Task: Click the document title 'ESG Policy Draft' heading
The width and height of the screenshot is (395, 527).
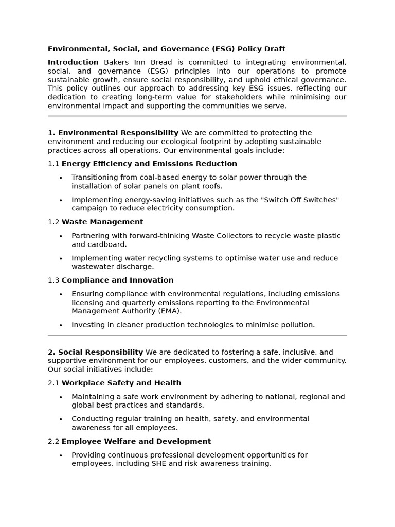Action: [x=166, y=49]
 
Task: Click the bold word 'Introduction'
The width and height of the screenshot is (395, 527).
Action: [x=73, y=62]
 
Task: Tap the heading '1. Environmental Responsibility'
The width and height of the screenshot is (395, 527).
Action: [x=113, y=133]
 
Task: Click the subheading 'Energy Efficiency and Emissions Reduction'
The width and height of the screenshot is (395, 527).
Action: [x=149, y=164]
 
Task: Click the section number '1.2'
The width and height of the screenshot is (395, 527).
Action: [x=53, y=222]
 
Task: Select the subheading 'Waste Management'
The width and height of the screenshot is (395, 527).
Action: [x=102, y=222]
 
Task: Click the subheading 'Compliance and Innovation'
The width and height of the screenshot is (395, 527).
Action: [x=117, y=280]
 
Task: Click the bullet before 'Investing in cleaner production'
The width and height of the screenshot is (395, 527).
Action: [x=61, y=325]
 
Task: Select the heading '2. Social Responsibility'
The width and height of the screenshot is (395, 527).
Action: [x=95, y=352]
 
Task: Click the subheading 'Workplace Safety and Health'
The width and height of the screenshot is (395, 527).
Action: [x=121, y=383]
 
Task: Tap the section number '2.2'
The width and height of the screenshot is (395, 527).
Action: [x=53, y=441]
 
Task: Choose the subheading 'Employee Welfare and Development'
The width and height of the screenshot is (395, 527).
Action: [x=136, y=441]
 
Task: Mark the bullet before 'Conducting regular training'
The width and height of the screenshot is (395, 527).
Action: [x=61, y=419]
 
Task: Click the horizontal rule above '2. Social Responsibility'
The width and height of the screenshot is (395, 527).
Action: [x=197, y=335]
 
